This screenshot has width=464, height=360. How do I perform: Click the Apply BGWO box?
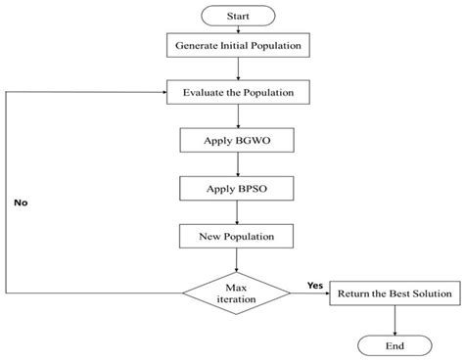[x=231, y=140]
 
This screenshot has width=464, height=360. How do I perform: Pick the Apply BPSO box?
[x=231, y=187]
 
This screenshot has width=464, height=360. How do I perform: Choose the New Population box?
[x=231, y=235]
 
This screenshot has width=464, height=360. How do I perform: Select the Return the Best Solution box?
[x=394, y=292]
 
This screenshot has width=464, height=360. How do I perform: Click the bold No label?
[x=20, y=204]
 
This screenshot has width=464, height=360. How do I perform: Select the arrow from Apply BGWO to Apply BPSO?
[x=231, y=163]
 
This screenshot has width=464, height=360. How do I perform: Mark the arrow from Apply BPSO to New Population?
[x=231, y=210]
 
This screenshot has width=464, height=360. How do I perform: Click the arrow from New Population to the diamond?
[x=231, y=258]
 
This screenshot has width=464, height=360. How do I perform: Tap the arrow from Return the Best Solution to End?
[x=394, y=319]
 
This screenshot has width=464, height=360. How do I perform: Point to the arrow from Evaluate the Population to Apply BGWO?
[x=231, y=116]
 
